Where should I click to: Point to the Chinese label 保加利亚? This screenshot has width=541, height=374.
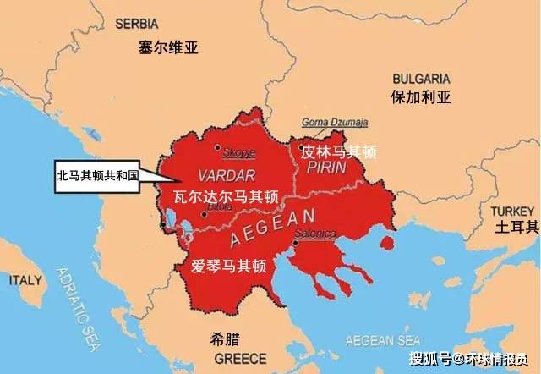coord(420,96)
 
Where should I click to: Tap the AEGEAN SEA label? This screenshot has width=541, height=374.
coord(382,341)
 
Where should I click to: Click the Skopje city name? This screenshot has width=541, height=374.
coord(239,154)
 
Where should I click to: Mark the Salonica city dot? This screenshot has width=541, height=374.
coord(294,244)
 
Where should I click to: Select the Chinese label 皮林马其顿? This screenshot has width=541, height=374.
coord(339,152)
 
